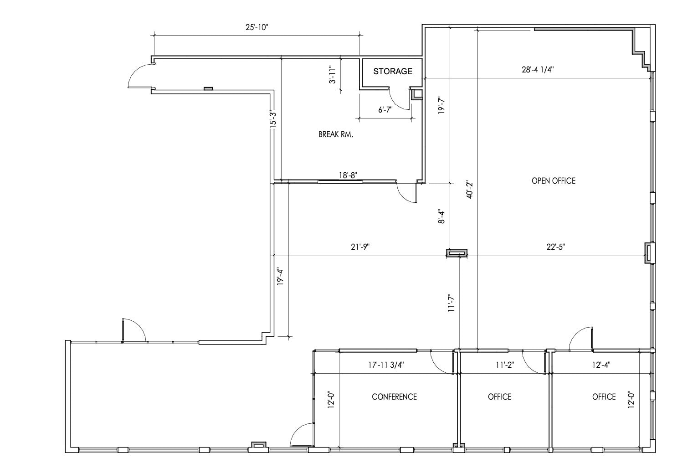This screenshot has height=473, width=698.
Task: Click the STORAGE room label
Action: tap(393, 71)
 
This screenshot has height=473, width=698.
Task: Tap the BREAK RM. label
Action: tap(336, 134)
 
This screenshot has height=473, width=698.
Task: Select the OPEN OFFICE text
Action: tap(553, 180)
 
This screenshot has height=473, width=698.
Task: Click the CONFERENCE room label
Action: tap(394, 396)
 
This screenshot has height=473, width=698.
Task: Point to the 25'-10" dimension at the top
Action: tap(257, 27)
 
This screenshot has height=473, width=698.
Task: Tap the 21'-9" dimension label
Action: tap(360, 247)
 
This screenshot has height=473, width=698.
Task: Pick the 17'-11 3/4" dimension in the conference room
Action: tap(385, 365)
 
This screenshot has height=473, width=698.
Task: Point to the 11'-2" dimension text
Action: tap(504, 365)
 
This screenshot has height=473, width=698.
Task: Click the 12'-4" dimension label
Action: tap(601, 365)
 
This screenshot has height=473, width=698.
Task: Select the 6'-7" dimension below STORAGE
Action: tap(385, 110)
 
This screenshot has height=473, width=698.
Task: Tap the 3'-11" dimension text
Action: tap(333, 75)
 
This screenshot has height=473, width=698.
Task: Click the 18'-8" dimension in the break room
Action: tap(348, 175)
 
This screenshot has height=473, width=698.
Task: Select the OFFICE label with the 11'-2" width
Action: tap(499, 396)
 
